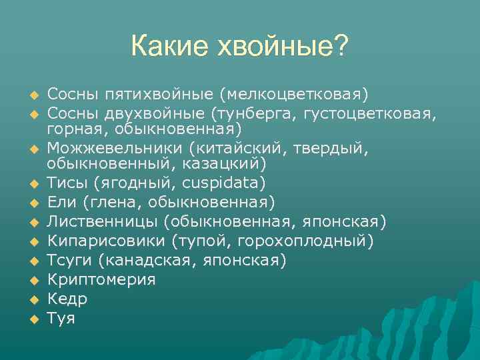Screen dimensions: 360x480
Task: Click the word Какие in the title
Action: click(169, 47)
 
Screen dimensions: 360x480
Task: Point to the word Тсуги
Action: click(67, 260)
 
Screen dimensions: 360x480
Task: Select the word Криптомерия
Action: click(101, 279)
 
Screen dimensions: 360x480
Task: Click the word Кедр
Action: click(67, 299)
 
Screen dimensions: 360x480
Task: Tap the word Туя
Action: click(61, 318)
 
